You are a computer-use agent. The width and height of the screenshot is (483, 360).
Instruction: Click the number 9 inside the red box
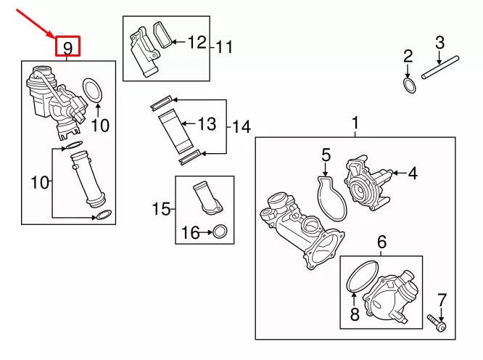(x=67, y=48)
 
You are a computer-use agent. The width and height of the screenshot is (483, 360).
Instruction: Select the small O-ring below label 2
(x=410, y=86)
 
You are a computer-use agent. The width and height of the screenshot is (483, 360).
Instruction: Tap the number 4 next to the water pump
(x=413, y=173)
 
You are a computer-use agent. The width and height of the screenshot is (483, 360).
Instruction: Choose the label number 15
(x=162, y=210)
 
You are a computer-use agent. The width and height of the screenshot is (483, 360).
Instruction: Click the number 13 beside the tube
(x=207, y=125)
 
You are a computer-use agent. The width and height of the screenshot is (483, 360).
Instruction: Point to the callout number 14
(x=241, y=128)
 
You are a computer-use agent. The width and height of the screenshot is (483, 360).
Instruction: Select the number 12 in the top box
(x=197, y=42)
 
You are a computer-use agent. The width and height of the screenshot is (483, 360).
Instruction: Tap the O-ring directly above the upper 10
(x=94, y=91)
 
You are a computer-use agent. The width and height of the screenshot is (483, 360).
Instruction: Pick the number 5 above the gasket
(x=326, y=155)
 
